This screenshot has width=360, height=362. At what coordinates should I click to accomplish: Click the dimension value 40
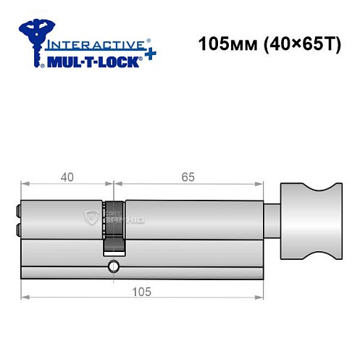65,176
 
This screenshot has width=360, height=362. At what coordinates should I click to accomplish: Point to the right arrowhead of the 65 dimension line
258,183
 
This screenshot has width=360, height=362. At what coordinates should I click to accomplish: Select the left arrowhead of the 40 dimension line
24,183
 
